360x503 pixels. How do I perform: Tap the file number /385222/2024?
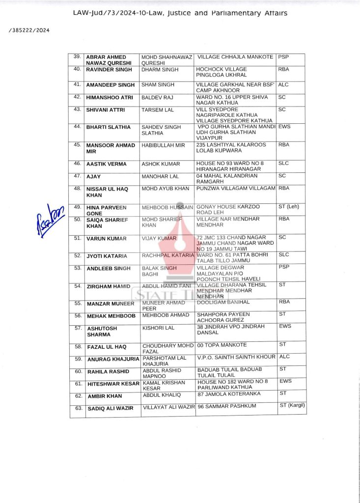(29, 30)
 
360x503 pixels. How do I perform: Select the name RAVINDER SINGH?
(106, 70)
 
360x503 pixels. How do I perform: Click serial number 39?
(77, 56)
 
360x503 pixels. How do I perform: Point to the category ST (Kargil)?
(292, 405)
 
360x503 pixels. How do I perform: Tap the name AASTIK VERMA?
(106, 164)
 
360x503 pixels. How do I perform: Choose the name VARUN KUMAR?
(106, 239)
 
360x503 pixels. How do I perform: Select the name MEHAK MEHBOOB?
(111, 316)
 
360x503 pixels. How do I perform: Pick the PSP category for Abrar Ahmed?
(283, 57)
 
